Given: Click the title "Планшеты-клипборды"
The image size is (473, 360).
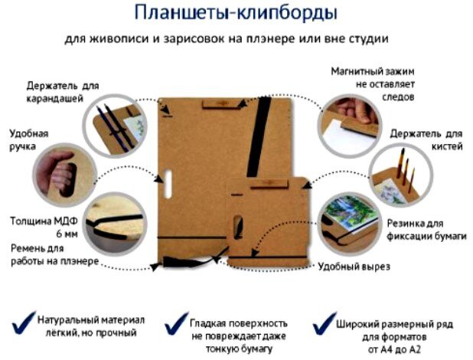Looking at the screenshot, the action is pos(236,13).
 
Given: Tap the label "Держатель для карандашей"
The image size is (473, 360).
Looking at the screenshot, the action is pos(63,92).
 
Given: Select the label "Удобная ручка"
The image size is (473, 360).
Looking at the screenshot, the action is pos(28,140).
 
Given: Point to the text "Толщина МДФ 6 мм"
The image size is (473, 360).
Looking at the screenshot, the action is pos(44,227).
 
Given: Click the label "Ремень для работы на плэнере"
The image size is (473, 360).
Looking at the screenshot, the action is pos(54,255).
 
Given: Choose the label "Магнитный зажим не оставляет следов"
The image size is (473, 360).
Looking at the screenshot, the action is pos(373,84).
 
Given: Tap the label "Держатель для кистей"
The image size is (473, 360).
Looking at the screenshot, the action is pos(426,140).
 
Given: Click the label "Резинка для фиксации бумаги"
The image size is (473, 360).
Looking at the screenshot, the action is pos(426,230).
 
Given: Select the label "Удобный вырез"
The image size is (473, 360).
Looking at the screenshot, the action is pos(354,267).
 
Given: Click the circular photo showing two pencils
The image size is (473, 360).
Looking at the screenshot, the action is pos(115,126).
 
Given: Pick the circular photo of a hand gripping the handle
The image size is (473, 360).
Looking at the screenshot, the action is pos(64,175).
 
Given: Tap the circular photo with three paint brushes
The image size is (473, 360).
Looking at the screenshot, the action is pos(401,175).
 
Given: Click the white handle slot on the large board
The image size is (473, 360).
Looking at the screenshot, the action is pos(168,185).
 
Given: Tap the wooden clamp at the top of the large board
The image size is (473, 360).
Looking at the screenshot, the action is pos(220,103).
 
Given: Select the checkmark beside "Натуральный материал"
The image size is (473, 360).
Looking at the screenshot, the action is pos(23,323).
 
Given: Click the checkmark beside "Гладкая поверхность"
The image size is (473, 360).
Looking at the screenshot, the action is pos(176,324).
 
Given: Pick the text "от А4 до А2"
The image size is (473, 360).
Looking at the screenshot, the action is pos(394,349).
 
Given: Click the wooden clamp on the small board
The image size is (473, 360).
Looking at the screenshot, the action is pos(269,184).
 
